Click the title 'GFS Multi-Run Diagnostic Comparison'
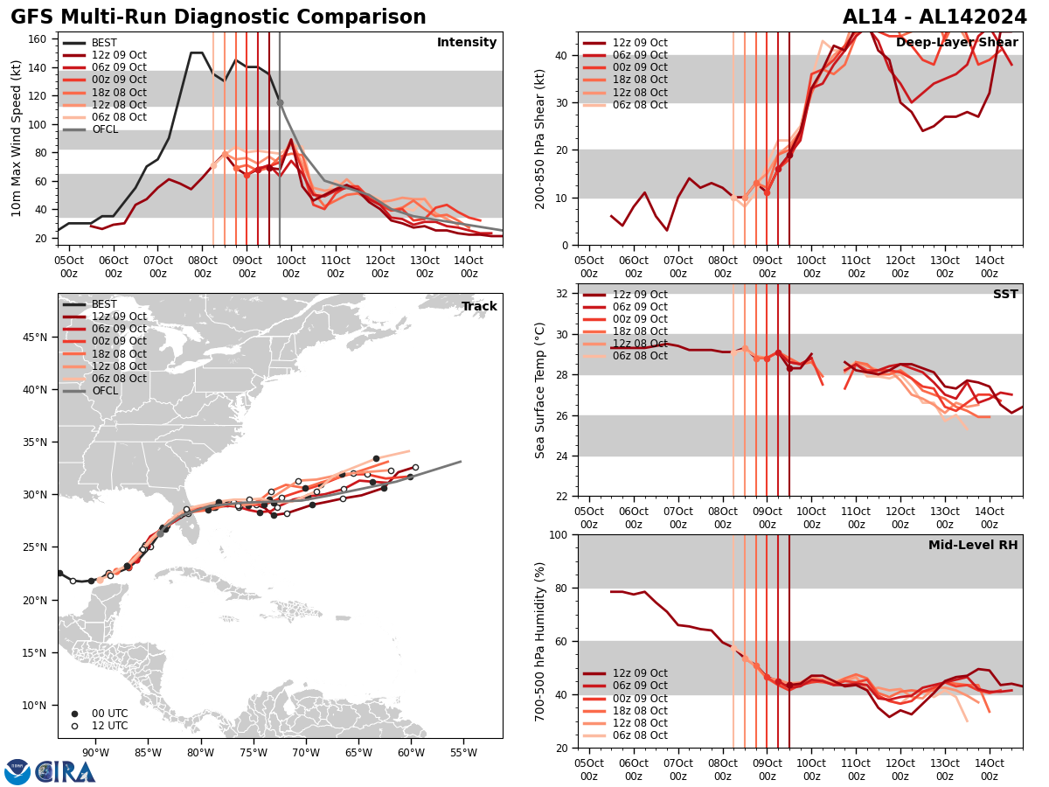pyautogui.click(x=219, y=17)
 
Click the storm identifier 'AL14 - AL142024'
pyautogui.click(x=934, y=17)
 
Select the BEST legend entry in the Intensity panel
pyautogui.click(x=104, y=43)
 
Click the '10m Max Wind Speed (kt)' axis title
pyautogui.click(x=17, y=138)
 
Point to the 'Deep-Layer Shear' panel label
pyautogui.click(x=956, y=43)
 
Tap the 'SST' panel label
pyautogui.click(x=1005, y=295)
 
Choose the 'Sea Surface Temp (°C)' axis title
pyautogui.click(x=540, y=390)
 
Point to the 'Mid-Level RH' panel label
pyautogui.click(x=973, y=546)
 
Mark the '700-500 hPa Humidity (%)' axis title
pyautogui.click(x=540, y=641)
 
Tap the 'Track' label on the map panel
pyautogui.click(x=479, y=307)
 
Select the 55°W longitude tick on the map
pyautogui.click(x=463, y=752)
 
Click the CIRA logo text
pyautogui.click(x=66, y=772)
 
